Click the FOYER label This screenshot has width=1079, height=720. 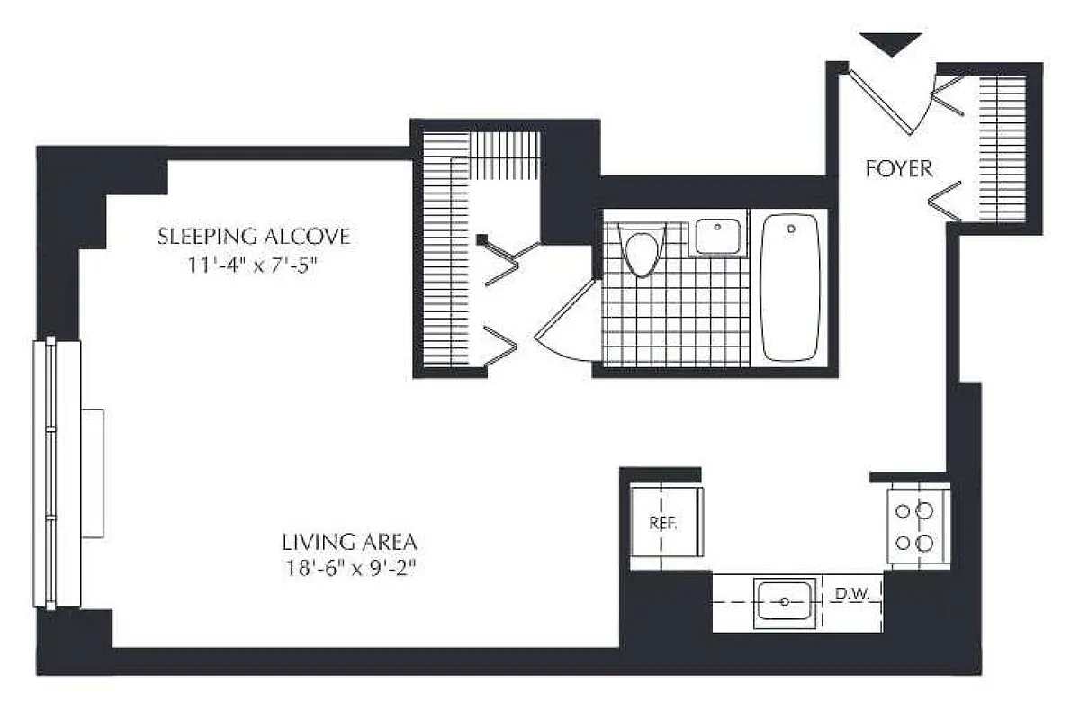pyautogui.click(x=898, y=168)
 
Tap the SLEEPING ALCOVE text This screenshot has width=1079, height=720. pyautogui.click(x=253, y=237)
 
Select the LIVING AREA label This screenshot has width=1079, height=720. pyautogui.click(x=348, y=543)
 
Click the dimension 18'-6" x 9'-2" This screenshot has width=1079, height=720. pyautogui.click(x=348, y=569)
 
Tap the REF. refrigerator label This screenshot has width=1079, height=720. pyautogui.click(x=662, y=523)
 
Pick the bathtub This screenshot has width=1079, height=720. pyautogui.click(x=790, y=287)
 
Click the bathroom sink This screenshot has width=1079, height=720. pyautogui.click(x=719, y=235)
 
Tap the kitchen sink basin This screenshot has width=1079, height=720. pyautogui.click(x=785, y=601)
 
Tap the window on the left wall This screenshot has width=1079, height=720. pyautogui.click(x=56, y=472)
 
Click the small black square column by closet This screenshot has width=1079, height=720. pyautogui.click(x=482, y=239)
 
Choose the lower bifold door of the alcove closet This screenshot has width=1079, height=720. pyautogui.click(x=500, y=346)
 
